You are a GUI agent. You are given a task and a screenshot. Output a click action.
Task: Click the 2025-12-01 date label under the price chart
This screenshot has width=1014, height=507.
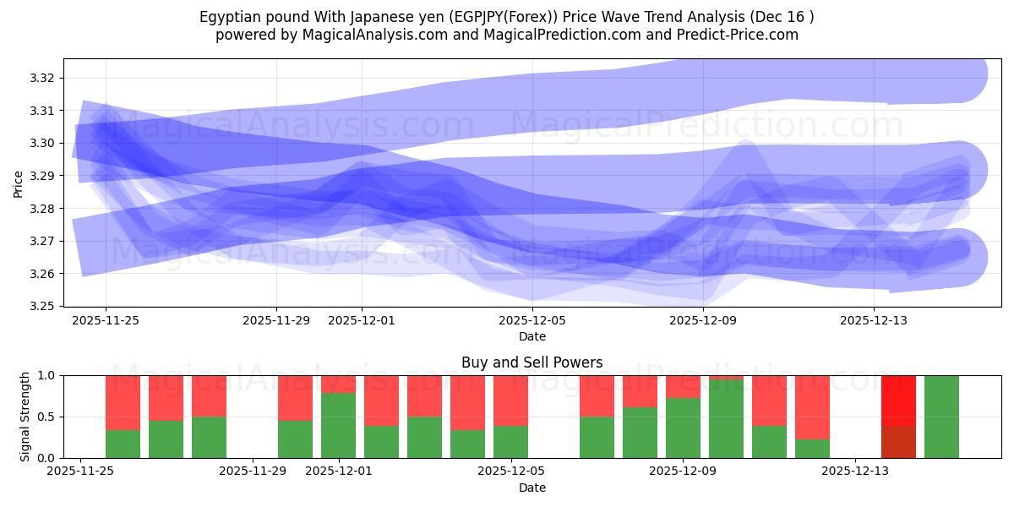click(362, 321)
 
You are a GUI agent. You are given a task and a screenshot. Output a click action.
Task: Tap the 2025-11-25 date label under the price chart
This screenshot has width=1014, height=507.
click(106, 321)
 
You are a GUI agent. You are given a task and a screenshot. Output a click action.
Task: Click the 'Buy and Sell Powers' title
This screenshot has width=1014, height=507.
click(532, 363)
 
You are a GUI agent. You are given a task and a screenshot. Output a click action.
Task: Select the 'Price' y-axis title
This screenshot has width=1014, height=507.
click(19, 183)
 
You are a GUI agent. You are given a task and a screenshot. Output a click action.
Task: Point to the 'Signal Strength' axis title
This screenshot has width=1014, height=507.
click(25, 416)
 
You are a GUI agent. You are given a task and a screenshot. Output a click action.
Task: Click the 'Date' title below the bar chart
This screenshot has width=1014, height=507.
click(532, 488)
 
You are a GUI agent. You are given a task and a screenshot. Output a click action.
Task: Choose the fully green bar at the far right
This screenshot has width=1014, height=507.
click(941, 417)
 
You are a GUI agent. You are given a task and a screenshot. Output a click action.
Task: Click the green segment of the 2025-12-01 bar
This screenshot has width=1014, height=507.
click(338, 426)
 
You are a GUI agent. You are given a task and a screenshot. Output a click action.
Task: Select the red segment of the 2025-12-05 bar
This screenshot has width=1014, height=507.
click(510, 401)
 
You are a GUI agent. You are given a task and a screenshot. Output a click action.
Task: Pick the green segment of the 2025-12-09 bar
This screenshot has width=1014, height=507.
click(683, 428)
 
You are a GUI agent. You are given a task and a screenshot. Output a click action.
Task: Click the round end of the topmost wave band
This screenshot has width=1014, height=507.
click(963, 74)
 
